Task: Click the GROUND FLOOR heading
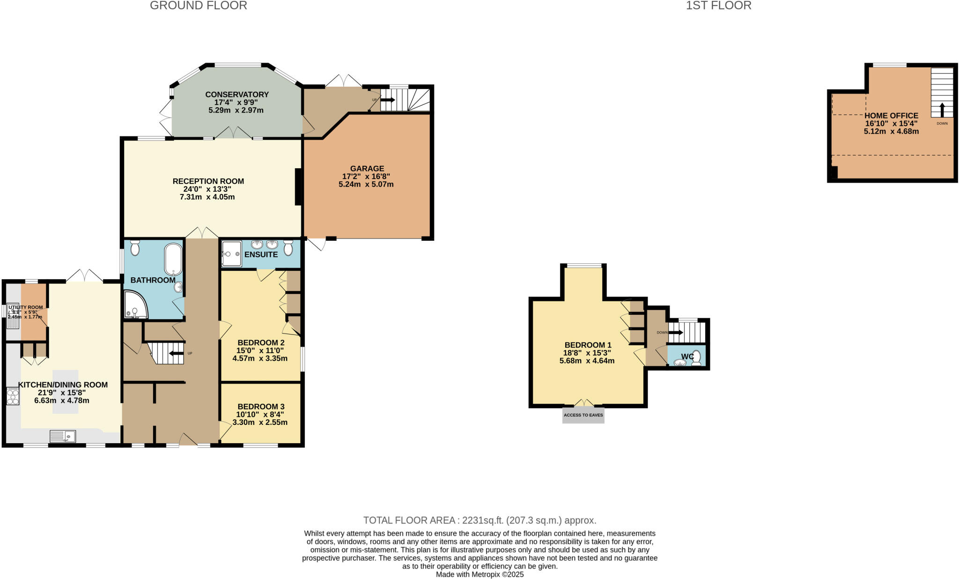pyautogui.click(x=198, y=6)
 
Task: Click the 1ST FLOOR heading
pyautogui.click(x=718, y=6)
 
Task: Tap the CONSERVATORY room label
pyautogui.click(x=237, y=95)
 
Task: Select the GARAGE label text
pyautogui.click(x=367, y=169)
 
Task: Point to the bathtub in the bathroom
pyautogui.click(x=173, y=259)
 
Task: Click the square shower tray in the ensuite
pyautogui.click(x=231, y=253)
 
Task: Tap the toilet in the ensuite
pyautogui.click(x=288, y=247)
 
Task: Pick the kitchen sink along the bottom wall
pyautogui.click(x=63, y=437)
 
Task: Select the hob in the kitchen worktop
pyautogui.click(x=13, y=396)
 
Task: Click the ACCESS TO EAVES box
pyautogui.click(x=583, y=415)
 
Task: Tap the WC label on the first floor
pyautogui.click(x=687, y=356)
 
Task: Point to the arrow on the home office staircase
pyautogui.click(x=942, y=110)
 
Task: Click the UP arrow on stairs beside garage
pyautogui.click(x=388, y=100)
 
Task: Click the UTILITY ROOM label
pyautogui.click(x=26, y=307)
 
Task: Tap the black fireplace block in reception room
pyautogui.click(x=298, y=186)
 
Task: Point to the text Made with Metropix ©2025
pyautogui.click(x=479, y=574)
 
